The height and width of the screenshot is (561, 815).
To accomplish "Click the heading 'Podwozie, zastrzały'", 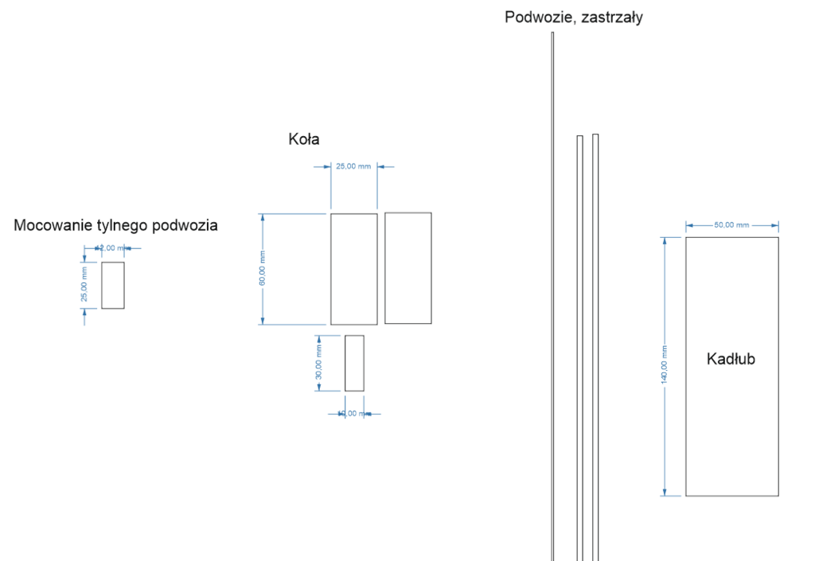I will coord(573,18).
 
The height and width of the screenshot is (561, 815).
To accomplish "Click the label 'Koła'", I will coord(303,139).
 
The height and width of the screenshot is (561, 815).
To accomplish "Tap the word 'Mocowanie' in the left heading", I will coord(53,226).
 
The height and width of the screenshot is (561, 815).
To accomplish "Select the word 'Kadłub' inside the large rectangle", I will coord(731,359).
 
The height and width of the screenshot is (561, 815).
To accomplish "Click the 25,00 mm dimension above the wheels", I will coord(353,166).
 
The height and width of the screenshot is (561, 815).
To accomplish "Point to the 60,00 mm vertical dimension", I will coord(262,268).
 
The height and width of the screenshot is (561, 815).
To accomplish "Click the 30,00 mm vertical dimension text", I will coord(318,363).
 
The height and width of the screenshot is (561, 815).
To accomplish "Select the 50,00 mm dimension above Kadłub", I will coord(731,225).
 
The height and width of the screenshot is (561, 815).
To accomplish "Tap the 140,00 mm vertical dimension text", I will coord(664,366).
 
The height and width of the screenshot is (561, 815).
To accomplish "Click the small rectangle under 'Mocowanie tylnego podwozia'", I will coord(113,285).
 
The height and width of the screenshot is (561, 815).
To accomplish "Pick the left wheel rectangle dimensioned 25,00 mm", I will coord(353,269).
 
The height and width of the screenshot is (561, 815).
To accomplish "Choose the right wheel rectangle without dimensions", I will coord(407,268).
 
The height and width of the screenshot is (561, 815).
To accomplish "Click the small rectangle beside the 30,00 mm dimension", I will coord(354,363).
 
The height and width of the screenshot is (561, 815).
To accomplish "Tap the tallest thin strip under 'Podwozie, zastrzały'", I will coord(552,294).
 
